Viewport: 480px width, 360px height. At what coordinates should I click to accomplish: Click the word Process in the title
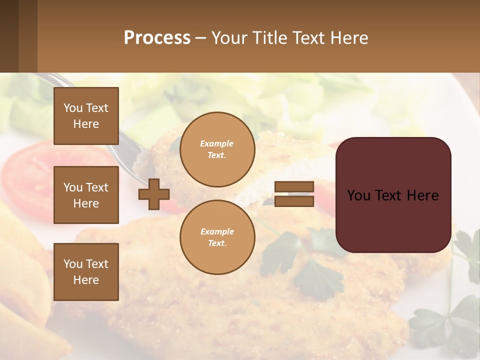point(157,38)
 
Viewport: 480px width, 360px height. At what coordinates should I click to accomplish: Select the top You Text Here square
point(86,116)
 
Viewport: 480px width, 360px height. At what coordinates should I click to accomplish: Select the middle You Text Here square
point(86,195)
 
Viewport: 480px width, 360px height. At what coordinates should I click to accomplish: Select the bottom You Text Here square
point(86,271)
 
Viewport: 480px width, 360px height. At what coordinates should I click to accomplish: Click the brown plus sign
point(154,194)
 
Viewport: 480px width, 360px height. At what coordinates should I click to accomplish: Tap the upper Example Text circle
point(217,149)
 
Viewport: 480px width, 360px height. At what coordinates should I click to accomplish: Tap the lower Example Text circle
point(217,237)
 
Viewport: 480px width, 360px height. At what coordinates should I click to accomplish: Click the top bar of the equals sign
point(294,187)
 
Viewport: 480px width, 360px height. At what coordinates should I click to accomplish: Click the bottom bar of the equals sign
point(294,201)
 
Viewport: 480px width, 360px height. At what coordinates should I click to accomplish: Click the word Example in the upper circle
point(217,143)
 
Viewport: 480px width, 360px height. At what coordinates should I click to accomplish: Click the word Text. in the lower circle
point(217,243)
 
